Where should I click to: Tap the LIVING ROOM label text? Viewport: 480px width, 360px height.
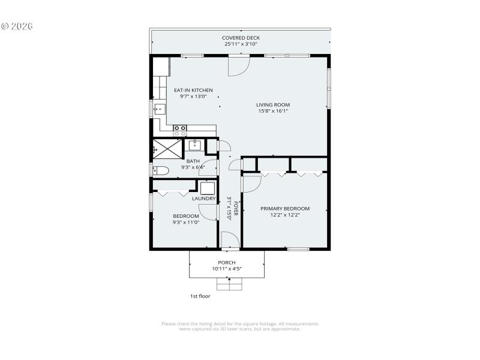(273, 105)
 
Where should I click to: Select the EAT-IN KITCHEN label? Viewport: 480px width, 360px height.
(193, 91)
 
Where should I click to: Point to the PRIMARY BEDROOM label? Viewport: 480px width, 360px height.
(285, 209)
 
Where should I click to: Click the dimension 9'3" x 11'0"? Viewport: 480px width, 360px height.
(185, 223)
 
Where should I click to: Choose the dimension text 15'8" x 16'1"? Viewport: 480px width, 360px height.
(273, 111)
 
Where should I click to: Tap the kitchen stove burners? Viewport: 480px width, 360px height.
(179, 128)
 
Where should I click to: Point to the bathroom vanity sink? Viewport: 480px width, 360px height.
(196, 145)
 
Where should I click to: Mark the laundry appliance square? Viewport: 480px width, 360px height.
(207, 187)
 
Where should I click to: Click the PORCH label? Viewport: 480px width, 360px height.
(227, 263)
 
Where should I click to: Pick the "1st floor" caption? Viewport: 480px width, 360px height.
(200, 296)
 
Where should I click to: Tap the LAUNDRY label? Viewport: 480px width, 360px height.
(203, 199)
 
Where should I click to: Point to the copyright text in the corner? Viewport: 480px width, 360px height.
(17, 26)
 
